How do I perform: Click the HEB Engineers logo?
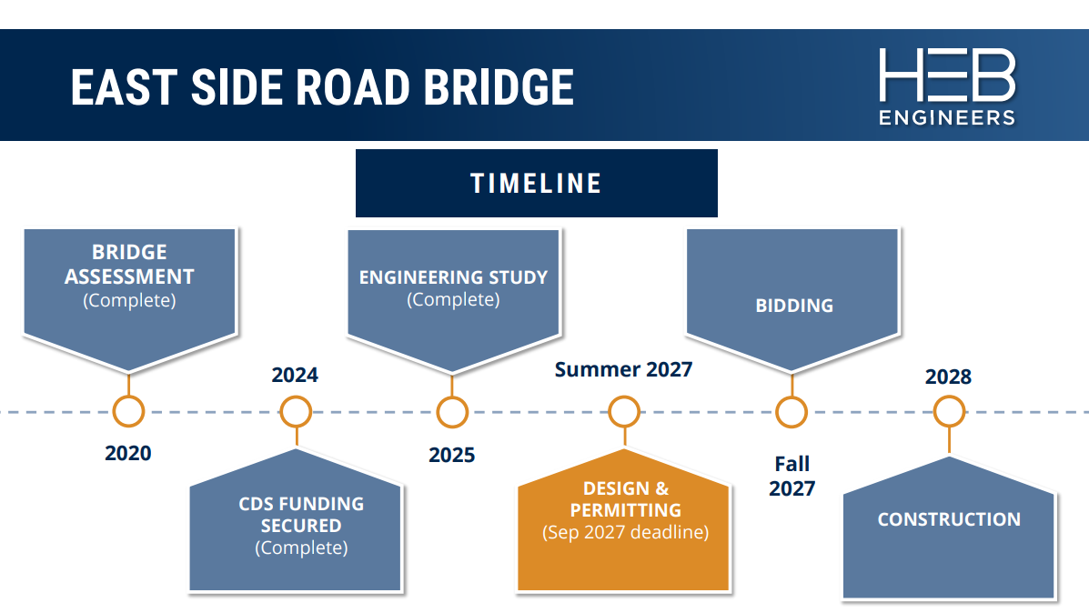click(946, 86)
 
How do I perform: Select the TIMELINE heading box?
click(536, 183)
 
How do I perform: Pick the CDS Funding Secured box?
click(296, 528)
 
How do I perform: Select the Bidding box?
click(792, 296)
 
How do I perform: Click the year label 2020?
click(128, 453)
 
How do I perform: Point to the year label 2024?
click(295, 375)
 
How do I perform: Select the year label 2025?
click(452, 455)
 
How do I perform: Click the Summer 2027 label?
click(623, 369)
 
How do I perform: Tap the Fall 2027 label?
click(792, 477)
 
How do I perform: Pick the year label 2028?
click(948, 377)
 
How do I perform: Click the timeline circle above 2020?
click(128, 412)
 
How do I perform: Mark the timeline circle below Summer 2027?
click(624, 412)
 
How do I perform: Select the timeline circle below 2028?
click(949, 412)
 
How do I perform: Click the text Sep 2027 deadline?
click(625, 533)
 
